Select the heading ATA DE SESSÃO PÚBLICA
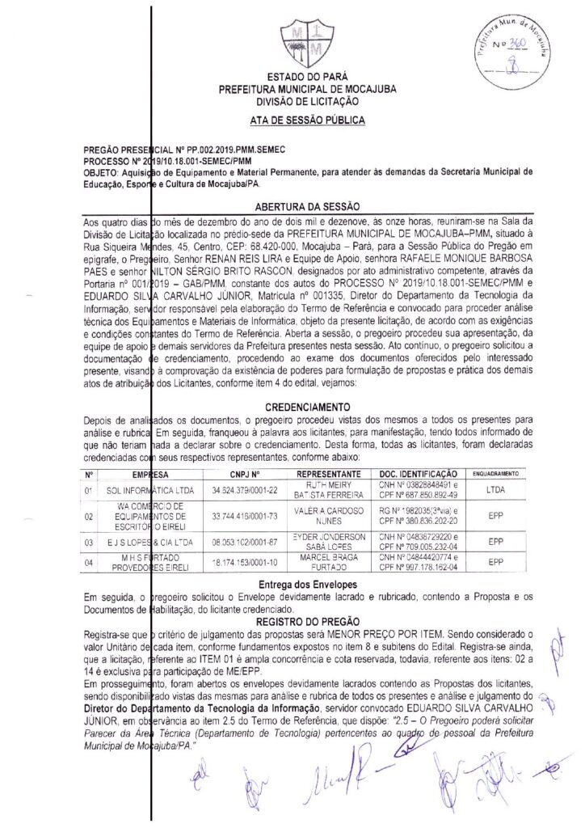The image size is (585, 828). tap(306, 120)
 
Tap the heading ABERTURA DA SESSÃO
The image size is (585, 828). tap(306, 208)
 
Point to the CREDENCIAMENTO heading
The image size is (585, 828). tap(307, 407)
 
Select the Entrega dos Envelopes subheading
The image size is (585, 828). tap(306, 584)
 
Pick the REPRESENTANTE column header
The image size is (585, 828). tap(328, 474)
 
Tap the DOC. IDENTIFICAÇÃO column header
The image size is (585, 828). tap(418, 474)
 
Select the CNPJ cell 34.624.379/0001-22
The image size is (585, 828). tap(244, 490)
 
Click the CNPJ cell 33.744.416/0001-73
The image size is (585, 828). tap(244, 515)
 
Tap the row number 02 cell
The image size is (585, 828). tap(88, 515)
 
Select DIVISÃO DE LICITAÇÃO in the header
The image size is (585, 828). tap(306, 102)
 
